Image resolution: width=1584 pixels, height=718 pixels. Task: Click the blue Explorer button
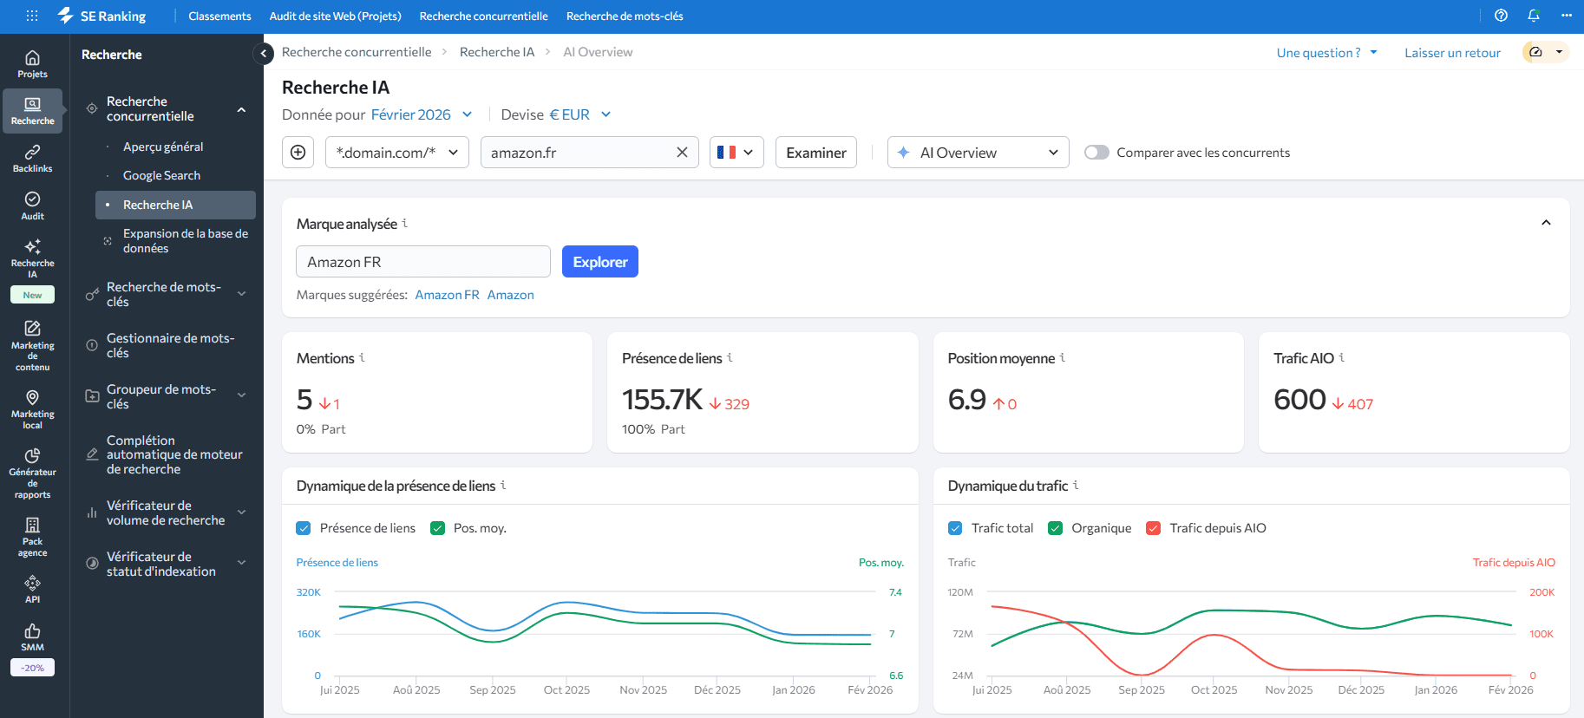coord(599,262)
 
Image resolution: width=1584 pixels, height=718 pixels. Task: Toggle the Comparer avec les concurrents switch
coord(1096,153)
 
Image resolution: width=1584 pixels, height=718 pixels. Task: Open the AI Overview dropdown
coord(978,153)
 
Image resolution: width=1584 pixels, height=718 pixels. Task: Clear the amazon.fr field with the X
coord(682,153)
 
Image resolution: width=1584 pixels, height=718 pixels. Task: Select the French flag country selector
coord(736,153)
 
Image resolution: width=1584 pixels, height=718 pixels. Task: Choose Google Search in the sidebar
coord(161,175)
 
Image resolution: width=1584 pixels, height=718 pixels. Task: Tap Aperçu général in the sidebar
coord(163,147)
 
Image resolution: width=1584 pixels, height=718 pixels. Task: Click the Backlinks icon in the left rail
coord(32,158)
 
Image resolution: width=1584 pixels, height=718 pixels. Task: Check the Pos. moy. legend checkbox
coord(438,528)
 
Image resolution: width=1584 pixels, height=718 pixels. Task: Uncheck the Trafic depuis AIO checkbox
coord(1153,528)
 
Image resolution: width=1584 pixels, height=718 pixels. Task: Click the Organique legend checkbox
coord(1055,528)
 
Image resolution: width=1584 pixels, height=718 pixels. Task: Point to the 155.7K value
coord(662,400)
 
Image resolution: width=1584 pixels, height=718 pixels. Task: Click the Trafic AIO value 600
coord(1299,400)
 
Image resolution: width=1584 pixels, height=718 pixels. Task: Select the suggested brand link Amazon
coord(510,295)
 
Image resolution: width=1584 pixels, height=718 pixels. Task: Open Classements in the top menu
coord(219,16)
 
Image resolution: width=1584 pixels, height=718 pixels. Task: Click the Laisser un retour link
coord(1452,53)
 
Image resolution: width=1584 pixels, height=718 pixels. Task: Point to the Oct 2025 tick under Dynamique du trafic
coord(1214,690)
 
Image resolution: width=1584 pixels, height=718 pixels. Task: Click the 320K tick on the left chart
coord(309,592)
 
